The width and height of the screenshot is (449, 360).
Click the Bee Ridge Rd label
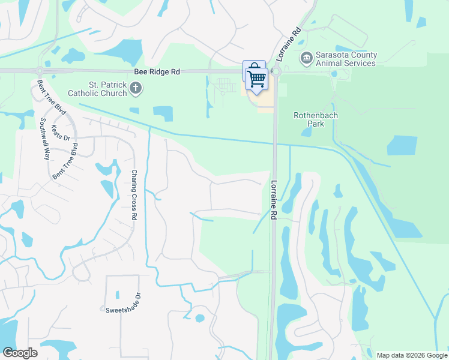pyautogui.click(x=158, y=71)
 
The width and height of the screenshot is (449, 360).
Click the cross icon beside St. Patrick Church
pyautogui.click(x=136, y=89)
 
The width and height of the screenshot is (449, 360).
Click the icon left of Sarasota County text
pyautogui.click(x=307, y=57)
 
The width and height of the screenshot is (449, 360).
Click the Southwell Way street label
pyautogui.click(x=43, y=137)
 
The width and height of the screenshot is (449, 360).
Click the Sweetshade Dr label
pyautogui.click(x=122, y=310)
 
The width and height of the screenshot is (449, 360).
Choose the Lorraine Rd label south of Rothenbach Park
pyautogui.click(x=274, y=200)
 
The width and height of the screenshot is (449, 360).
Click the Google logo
pyautogui.click(x=20, y=352)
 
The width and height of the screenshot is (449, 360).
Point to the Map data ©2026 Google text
pyautogui.click(x=411, y=355)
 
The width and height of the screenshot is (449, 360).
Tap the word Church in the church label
pyautogui.click(x=112, y=93)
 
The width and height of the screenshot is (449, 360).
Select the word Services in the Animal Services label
pyautogui.click(x=359, y=62)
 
